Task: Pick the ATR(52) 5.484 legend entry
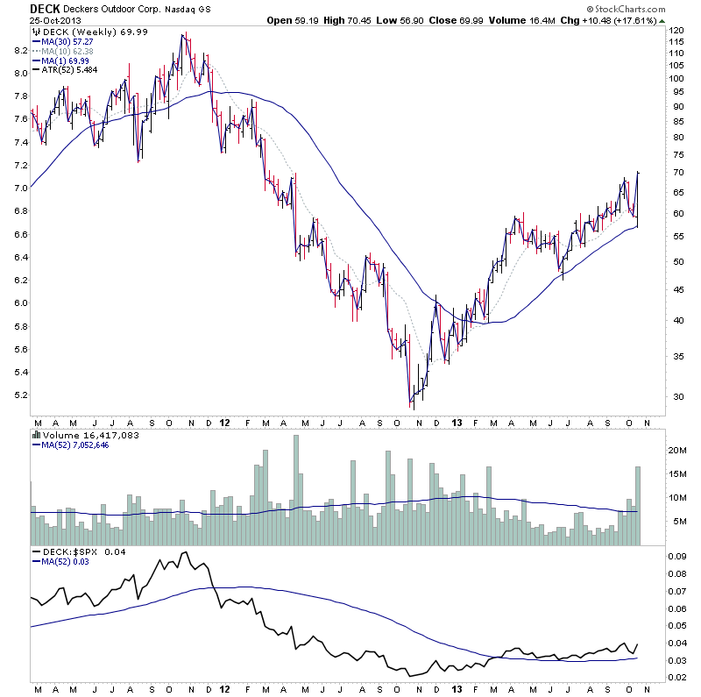point(67,70)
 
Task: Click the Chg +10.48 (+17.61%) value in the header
point(640,20)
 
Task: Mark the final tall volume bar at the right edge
point(638,506)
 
